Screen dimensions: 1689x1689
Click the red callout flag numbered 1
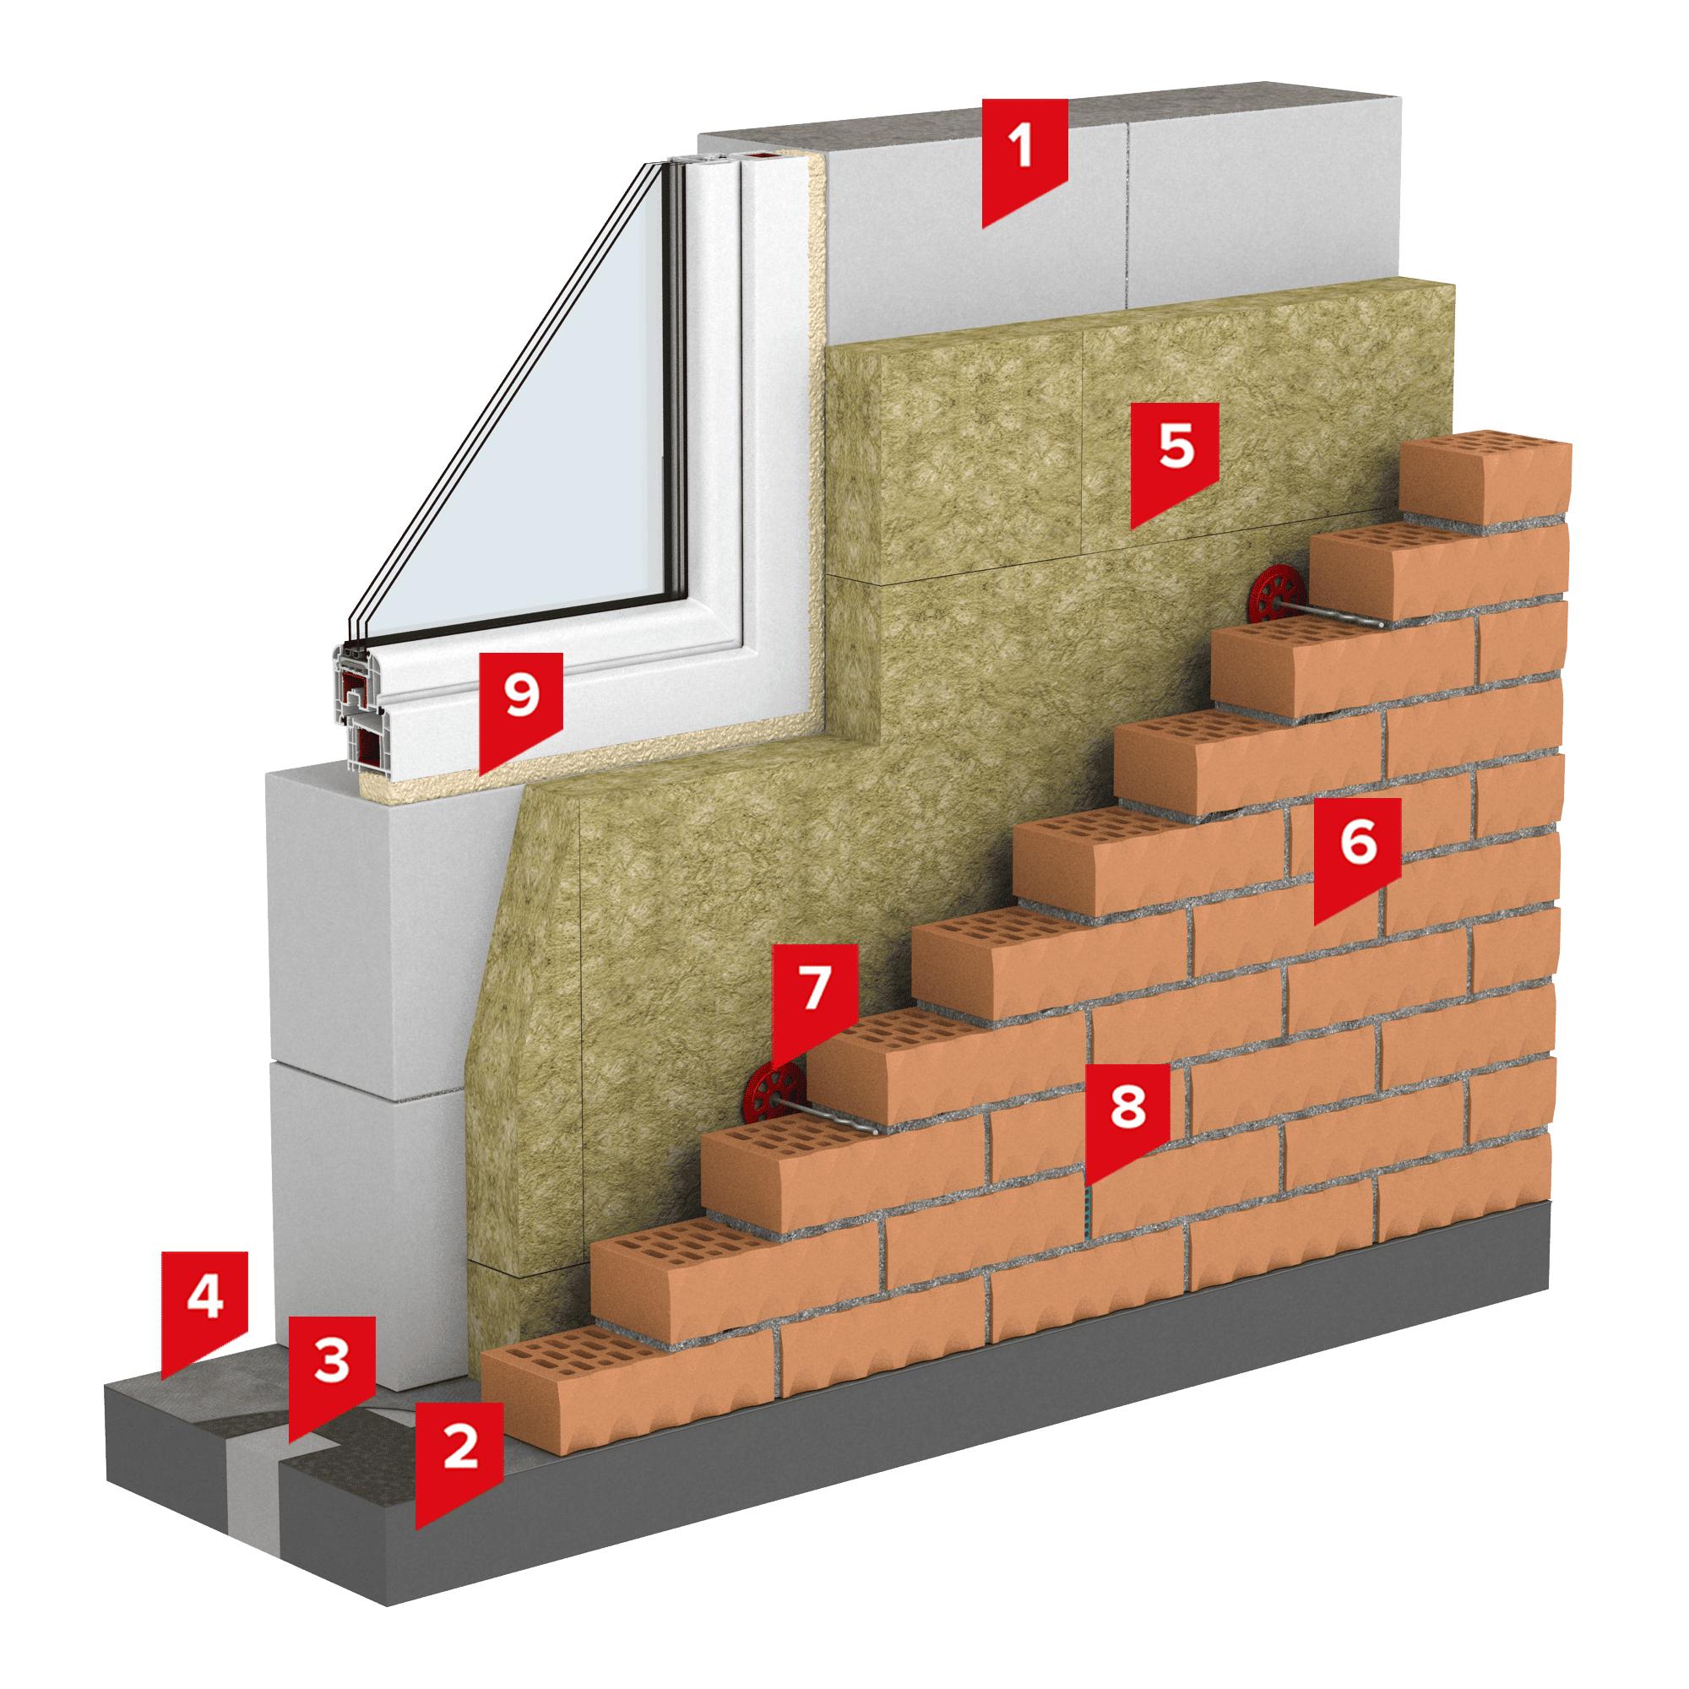click(x=1024, y=157)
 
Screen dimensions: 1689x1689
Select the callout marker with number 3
click(x=331, y=1371)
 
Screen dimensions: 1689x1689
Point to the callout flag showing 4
click(x=204, y=1307)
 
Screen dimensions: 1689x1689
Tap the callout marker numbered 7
click(x=815, y=1001)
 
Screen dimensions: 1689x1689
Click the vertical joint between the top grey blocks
click(x=1127, y=215)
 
